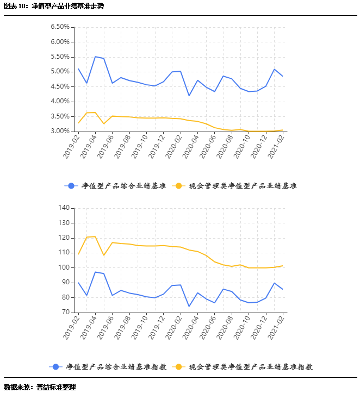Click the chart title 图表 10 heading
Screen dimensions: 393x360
(x=53, y=7)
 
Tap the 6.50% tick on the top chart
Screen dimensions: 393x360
(x=59, y=27)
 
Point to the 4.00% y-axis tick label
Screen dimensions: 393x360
(x=59, y=101)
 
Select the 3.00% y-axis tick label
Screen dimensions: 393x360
(x=59, y=131)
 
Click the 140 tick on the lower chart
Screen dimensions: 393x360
(x=63, y=208)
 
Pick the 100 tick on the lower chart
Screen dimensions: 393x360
(x=63, y=267)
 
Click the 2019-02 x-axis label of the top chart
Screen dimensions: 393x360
(x=71, y=147)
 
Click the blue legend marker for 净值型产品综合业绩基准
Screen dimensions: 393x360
(x=71, y=186)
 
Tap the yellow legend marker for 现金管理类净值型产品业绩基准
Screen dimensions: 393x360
(x=177, y=186)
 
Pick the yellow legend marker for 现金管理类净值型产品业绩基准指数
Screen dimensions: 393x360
(x=178, y=367)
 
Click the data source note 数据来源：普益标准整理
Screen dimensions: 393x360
(x=40, y=387)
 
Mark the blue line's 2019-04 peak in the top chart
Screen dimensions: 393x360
(x=95, y=57)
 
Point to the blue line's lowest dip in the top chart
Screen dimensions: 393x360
(x=189, y=96)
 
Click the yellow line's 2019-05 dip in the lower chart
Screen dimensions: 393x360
(x=104, y=255)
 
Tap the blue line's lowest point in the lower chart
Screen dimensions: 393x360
(x=189, y=306)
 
